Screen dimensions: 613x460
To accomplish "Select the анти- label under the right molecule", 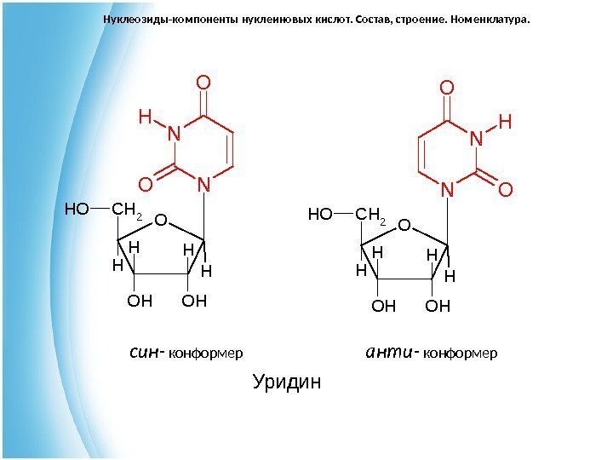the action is tap(390, 351).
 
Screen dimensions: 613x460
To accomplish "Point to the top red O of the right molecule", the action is tap(446, 88).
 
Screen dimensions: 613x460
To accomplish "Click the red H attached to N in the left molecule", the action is tap(145, 115).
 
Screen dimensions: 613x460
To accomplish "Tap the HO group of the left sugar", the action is tap(76, 207).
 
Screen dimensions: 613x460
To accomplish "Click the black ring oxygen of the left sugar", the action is tap(160, 221).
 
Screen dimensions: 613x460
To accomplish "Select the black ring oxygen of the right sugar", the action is tap(404, 226).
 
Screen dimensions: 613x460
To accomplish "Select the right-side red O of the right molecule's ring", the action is tap(505, 190).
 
